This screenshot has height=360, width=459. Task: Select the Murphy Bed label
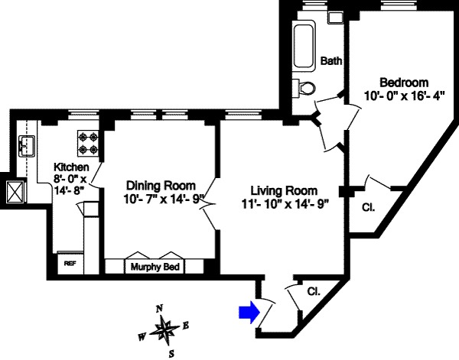click(x=150, y=267)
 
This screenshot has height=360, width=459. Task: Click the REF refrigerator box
click(x=70, y=263)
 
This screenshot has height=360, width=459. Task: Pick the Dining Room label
click(x=161, y=186)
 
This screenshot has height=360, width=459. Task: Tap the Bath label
click(x=330, y=61)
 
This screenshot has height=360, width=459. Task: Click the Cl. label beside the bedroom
click(x=367, y=205)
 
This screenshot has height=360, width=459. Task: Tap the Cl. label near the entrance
click(x=313, y=291)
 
